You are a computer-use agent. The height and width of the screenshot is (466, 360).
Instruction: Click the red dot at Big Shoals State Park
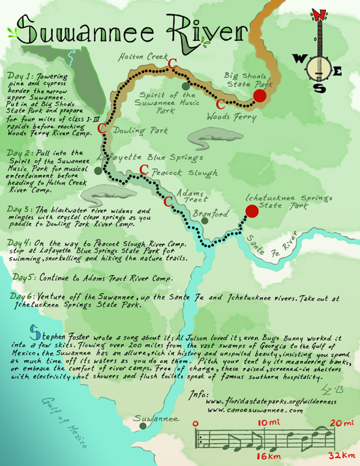click(260, 96)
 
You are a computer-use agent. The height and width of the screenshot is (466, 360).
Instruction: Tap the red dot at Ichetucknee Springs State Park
click(251, 211)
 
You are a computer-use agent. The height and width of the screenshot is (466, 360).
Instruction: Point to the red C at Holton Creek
click(172, 63)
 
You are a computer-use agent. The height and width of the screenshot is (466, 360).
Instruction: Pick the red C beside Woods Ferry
click(221, 103)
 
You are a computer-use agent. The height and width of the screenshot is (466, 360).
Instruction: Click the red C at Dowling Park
click(102, 128)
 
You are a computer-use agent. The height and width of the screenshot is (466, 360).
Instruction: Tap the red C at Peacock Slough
click(144, 171)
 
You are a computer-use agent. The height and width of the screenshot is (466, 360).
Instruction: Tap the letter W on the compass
click(299, 58)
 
